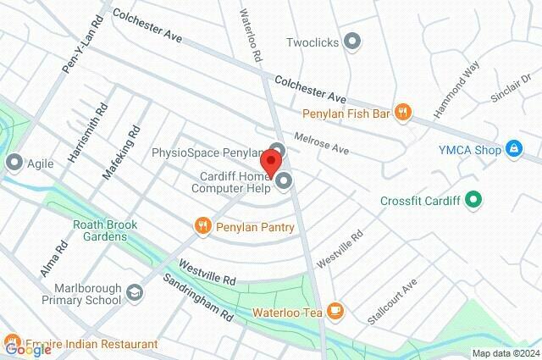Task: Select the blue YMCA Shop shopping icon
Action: coord(512,149)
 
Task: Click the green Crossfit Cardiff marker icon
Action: coord(474,201)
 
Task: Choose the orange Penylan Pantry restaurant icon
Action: coord(202,226)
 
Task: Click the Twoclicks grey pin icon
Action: coord(354,41)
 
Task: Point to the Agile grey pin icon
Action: coord(14,161)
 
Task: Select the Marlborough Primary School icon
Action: coord(135,292)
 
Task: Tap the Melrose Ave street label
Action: coord(321,142)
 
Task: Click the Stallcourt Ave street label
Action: coord(393,302)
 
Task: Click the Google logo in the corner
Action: coord(27,348)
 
